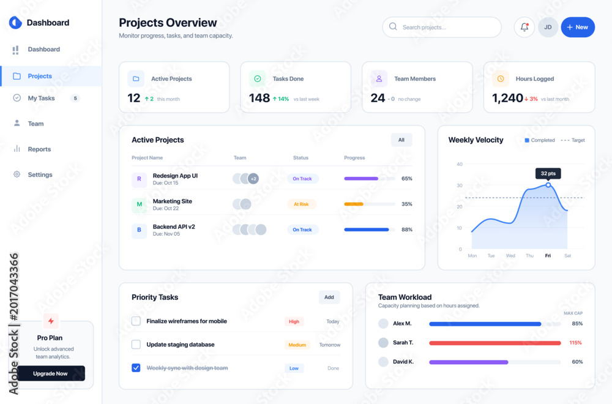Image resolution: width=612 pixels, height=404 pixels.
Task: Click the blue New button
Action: tap(578, 28)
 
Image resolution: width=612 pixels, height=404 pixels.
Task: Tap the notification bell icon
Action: tap(524, 28)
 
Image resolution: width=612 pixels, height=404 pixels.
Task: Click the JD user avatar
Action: tap(548, 28)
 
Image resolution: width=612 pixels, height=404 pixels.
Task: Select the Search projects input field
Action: tap(442, 28)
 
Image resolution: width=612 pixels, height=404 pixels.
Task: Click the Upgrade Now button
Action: tap(51, 373)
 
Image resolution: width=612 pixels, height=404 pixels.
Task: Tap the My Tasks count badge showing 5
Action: tap(75, 99)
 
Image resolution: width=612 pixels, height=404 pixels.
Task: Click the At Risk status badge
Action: tap(301, 204)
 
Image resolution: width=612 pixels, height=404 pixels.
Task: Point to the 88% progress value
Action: tap(407, 230)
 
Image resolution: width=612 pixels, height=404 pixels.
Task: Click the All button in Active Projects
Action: tap(401, 140)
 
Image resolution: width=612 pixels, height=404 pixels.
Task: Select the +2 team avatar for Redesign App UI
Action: tap(253, 179)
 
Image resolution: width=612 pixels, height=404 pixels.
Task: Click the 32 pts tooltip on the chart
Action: tap(548, 173)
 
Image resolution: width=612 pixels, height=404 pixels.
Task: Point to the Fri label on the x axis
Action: tap(548, 256)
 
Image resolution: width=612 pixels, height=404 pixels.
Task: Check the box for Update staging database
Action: tap(136, 344)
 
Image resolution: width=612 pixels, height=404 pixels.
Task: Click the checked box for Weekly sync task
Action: tap(136, 368)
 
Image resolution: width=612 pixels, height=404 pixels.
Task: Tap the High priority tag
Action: tap(294, 321)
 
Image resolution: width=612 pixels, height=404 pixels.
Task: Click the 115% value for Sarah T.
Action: tap(576, 343)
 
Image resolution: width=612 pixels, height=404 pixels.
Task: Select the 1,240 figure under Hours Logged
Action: tap(507, 98)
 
